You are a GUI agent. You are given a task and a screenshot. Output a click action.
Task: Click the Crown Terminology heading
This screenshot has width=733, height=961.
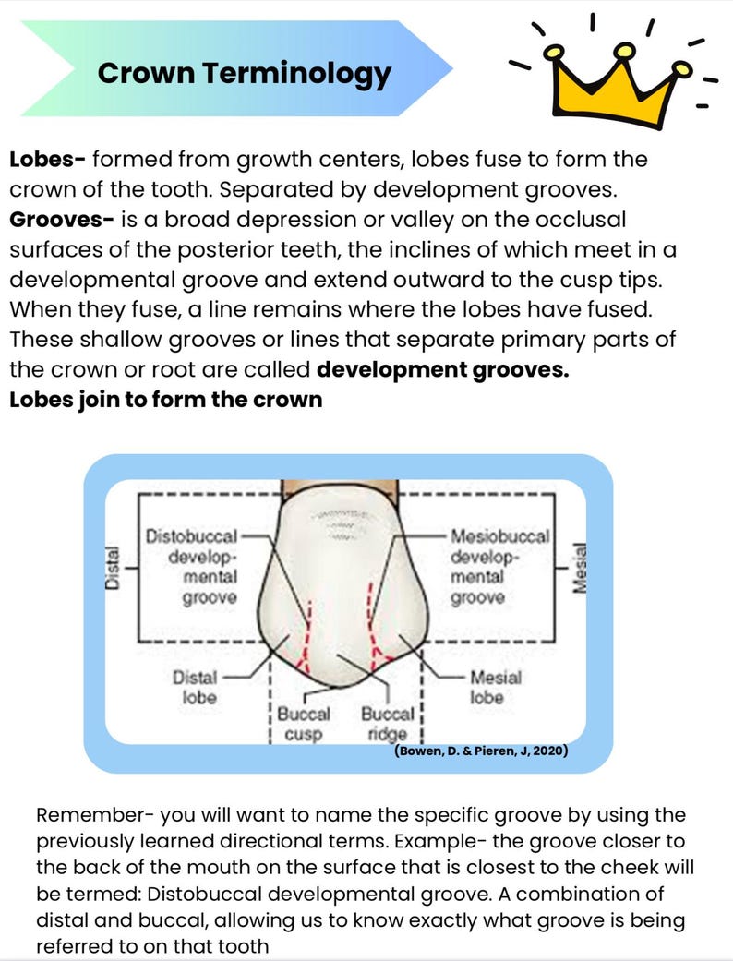tap(244, 73)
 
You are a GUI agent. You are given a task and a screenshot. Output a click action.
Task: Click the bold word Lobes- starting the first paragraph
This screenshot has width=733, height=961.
tap(47, 159)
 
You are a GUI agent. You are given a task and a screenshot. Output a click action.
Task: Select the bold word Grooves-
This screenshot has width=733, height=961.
tap(62, 220)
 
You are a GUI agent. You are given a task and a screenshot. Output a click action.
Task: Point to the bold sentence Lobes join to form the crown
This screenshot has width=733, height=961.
tap(166, 400)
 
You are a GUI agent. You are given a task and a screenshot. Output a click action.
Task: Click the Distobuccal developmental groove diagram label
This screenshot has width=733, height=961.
tap(193, 567)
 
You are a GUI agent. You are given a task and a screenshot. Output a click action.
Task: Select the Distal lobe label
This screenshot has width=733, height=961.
tap(195, 687)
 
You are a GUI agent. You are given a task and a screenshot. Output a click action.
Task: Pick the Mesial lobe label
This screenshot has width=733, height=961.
tap(495, 687)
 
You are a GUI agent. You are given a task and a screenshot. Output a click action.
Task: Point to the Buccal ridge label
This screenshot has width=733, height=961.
tap(384, 725)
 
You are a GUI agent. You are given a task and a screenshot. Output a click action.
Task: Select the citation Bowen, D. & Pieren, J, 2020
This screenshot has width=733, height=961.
tap(480, 751)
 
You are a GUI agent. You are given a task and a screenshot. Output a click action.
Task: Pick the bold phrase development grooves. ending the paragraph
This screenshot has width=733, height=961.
tap(442, 369)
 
